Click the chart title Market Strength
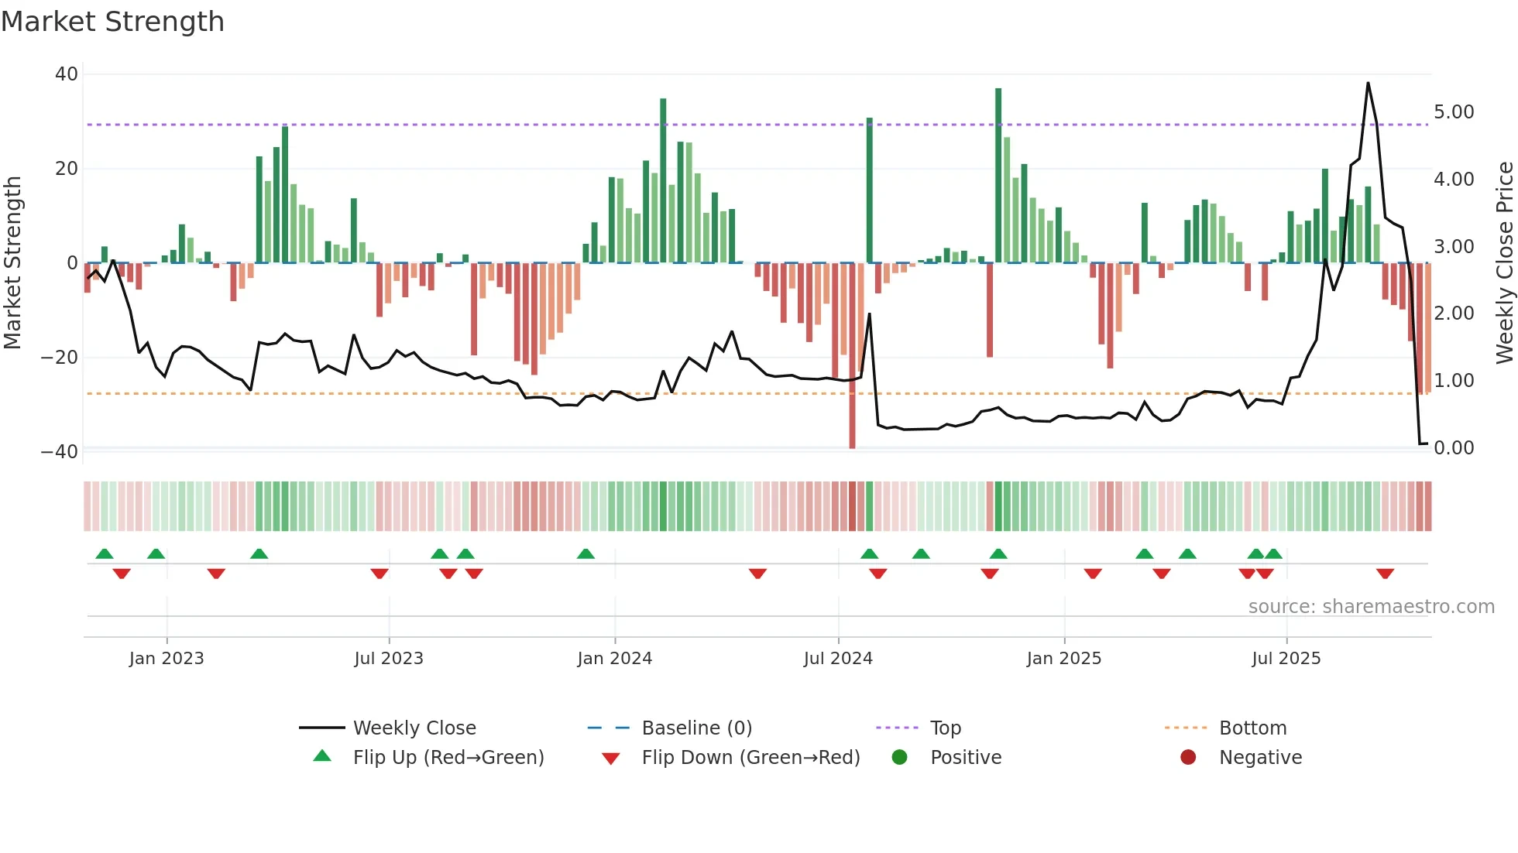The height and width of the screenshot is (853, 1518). (x=112, y=22)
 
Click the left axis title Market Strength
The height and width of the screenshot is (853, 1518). (x=13, y=262)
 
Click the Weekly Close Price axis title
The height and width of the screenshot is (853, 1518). (x=1504, y=262)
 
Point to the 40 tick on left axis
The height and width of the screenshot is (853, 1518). (x=67, y=74)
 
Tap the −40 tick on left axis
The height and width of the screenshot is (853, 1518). (x=60, y=451)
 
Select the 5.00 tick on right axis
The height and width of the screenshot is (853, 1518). (x=1454, y=112)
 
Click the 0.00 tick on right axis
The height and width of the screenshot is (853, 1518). (x=1454, y=448)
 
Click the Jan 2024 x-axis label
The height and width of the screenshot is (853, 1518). (x=615, y=659)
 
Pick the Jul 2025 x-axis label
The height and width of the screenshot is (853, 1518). (x=1286, y=659)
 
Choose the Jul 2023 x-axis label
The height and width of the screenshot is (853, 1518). (x=389, y=659)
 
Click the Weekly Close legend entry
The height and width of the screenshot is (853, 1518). (x=414, y=728)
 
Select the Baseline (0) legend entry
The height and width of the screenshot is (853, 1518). (x=696, y=728)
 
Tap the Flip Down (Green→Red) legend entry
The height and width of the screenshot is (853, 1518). (x=750, y=758)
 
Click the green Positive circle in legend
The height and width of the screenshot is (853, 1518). (x=899, y=757)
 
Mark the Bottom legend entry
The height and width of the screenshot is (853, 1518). (x=1252, y=728)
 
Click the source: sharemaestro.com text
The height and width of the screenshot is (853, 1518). (x=1371, y=607)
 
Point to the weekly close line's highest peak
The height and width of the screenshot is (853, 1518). (x=1368, y=83)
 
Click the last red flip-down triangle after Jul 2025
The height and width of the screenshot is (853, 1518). (x=1386, y=574)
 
